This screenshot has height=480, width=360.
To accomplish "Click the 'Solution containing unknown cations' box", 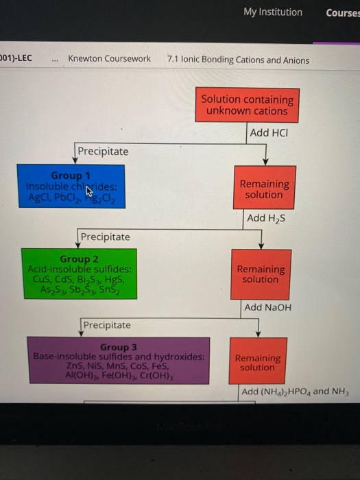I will pos(247,105).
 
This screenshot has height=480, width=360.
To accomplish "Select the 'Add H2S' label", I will pos(265,218).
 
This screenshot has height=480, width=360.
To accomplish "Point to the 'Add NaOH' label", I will pos(267,307).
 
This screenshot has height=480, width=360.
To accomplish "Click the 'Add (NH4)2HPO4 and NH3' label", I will pos(295,392).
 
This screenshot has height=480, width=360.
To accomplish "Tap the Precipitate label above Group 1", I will pos(102,151).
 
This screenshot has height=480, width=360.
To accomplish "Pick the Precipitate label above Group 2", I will pos(105,237).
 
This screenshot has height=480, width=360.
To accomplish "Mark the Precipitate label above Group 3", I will pos(106,324).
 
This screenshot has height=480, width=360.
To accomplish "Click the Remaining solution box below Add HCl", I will pos(264,189).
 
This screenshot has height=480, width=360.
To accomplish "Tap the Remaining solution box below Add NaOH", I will pos(257,362).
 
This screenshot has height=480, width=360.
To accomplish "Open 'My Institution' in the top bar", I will pos(272,12).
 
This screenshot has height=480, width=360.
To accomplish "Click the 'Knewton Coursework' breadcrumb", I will pos(109,59).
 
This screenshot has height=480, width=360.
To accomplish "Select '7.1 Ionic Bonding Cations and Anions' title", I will pos(238,60).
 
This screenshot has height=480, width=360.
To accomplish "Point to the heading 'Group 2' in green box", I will pos(80,259).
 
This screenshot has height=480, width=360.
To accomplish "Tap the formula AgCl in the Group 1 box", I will pos(40,197).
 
